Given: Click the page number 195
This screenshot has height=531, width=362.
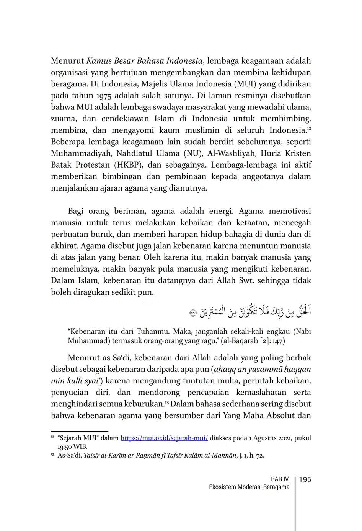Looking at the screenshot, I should pyautogui.click(x=305, y=480).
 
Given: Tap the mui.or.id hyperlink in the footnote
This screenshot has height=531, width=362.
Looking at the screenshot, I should pyautogui.click(x=164, y=438).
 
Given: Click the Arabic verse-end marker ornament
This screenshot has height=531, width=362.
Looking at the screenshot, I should pyautogui.click(x=193, y=313).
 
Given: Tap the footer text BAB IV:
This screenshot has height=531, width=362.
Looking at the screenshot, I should pyautogui.click(x=280, y=479).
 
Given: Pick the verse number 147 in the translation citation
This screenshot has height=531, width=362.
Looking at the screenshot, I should pyautogui.click(x=278, y=340).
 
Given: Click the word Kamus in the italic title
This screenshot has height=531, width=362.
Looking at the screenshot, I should pyautogui.click(x=99, y=61).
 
